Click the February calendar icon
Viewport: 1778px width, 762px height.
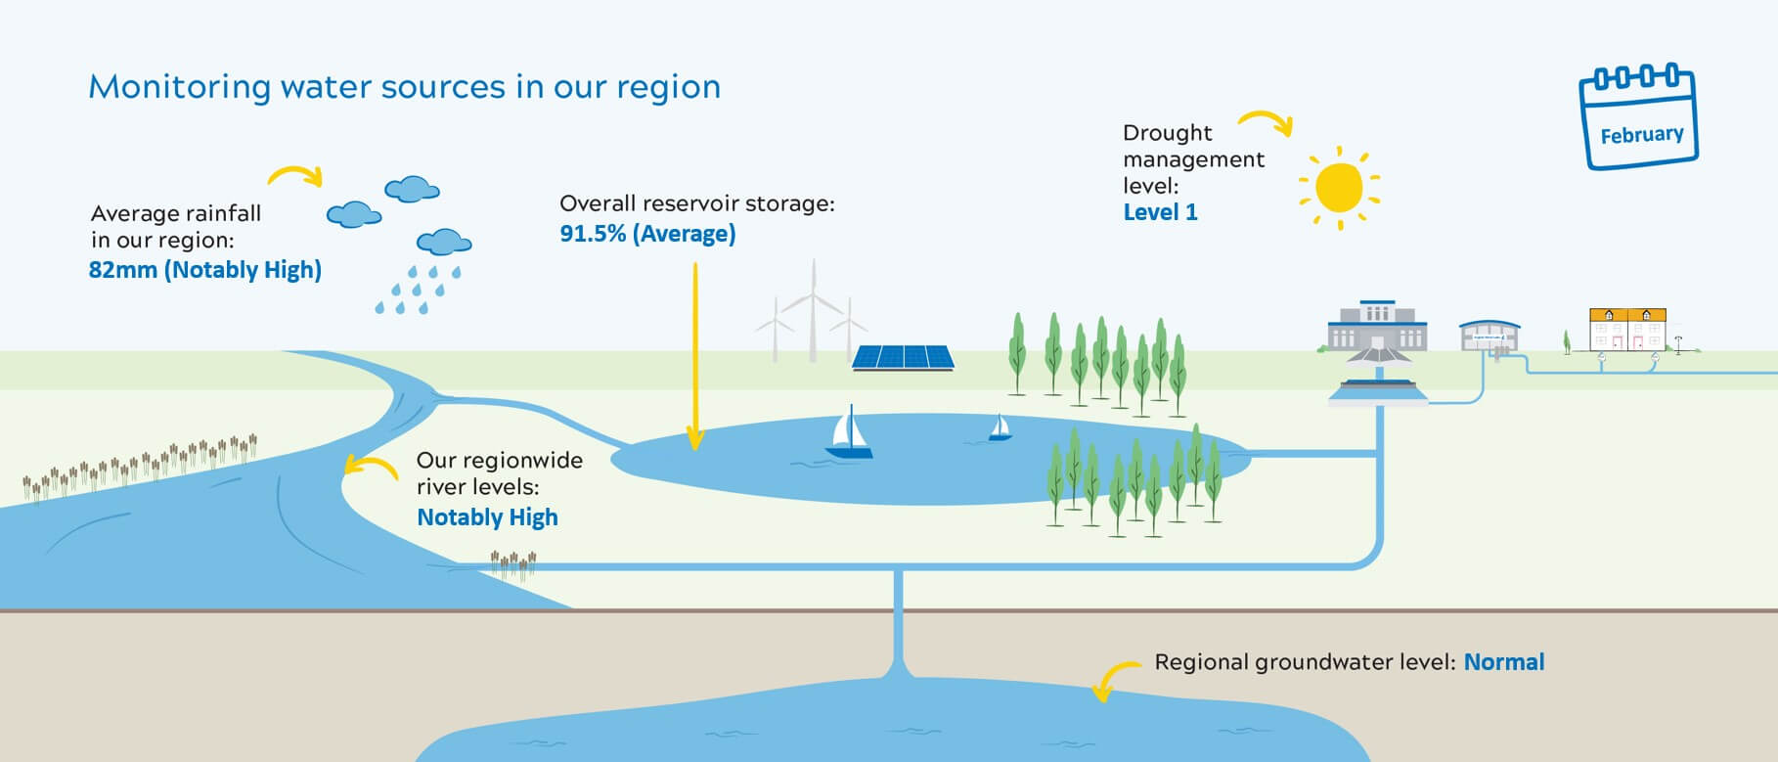(x=1639, y=119)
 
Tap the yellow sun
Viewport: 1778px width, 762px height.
(x=1339, y=188)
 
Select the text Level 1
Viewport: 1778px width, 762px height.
(x=1160, y=213)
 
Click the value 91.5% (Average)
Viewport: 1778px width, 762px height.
(x=647, y=234)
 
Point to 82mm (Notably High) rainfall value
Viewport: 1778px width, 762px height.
(x=204, y=270)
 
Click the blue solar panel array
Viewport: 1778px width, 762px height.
(x=903, y=357)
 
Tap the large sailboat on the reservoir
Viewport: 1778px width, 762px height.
(x=848, y=433)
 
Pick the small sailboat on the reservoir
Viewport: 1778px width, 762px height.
(x=1000, y=428)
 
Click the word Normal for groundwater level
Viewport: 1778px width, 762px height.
(x=1503, y=662)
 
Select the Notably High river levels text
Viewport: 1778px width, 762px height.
(x=487, y=517)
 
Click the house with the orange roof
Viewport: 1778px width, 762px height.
(x=1626, y=330)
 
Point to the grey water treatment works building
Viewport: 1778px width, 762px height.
(x=1377, y=329)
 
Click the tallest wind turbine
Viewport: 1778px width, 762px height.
(x=813, y=308)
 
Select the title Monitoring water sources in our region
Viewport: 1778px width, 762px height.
(x=404, y=87)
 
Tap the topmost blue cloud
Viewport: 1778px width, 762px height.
(x=412, y=189)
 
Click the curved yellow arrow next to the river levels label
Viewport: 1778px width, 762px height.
(x=369, y=467)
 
